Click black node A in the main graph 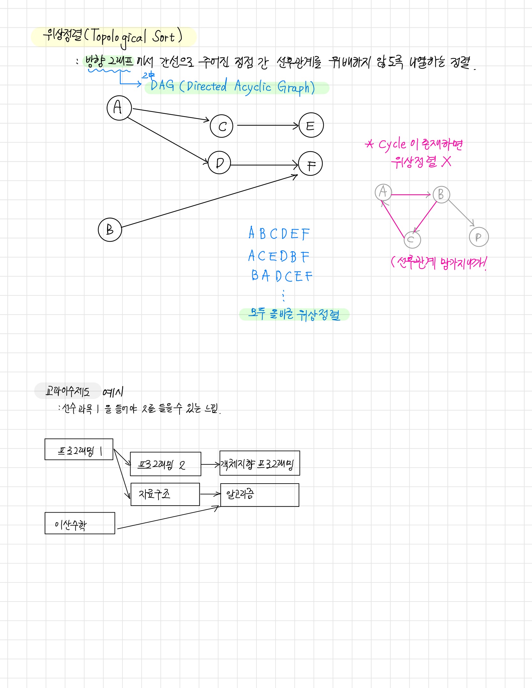point(119,108)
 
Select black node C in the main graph point(222,126)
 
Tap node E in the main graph point(311,125)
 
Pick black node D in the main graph point(219,163)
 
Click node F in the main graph point(310,164)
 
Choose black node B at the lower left point(110,230)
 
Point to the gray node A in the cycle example point(383,192)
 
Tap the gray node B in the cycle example point(441,194)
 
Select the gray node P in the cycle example point(479,237)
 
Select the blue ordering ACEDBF point(279,256)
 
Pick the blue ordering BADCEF point(281,276)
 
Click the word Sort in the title point(164,37)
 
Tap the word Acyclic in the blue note point(253,86)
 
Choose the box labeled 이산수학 point(80,523)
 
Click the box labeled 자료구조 point(165,494)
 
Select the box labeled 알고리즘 point(260,495)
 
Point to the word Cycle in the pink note point(392,144)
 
